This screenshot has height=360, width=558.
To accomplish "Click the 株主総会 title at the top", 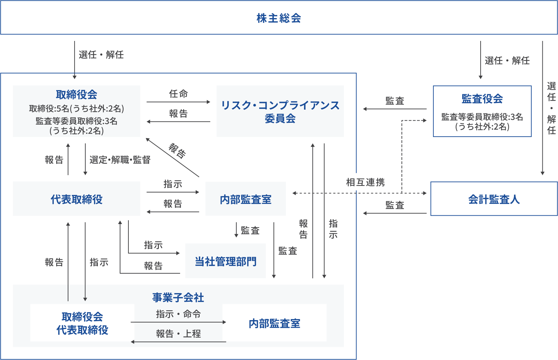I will point(279,18).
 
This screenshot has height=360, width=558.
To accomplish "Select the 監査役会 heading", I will point(482,99).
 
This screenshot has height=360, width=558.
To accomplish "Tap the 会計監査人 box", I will point(494,199).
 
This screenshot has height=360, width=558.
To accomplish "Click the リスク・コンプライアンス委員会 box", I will point(280,111).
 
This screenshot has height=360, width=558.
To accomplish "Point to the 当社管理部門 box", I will point(226,261).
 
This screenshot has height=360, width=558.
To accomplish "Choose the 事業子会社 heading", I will point(178,297).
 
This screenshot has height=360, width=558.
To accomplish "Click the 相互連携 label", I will point(365,182).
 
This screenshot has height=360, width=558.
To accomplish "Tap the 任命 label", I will point(178,94).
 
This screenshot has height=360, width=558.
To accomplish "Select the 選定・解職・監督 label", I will point(120,160).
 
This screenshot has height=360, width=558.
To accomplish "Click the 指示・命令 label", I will point(178,314).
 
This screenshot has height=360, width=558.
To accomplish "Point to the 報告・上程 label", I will point(178,334).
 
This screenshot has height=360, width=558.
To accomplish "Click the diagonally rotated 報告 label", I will point(177,151).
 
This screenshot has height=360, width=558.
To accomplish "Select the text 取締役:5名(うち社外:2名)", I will point(76,109).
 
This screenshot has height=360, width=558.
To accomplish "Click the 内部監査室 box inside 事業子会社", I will point(274,323).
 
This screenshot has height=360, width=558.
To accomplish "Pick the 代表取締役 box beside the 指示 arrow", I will point(76,199).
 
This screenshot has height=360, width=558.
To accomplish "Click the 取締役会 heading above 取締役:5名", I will point(76,94).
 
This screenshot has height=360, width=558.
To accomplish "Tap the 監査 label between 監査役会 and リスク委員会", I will point(395,101).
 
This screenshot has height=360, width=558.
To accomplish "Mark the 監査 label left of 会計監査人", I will point(395,205).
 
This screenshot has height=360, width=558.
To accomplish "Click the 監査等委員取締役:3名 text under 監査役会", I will point(482,117).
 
